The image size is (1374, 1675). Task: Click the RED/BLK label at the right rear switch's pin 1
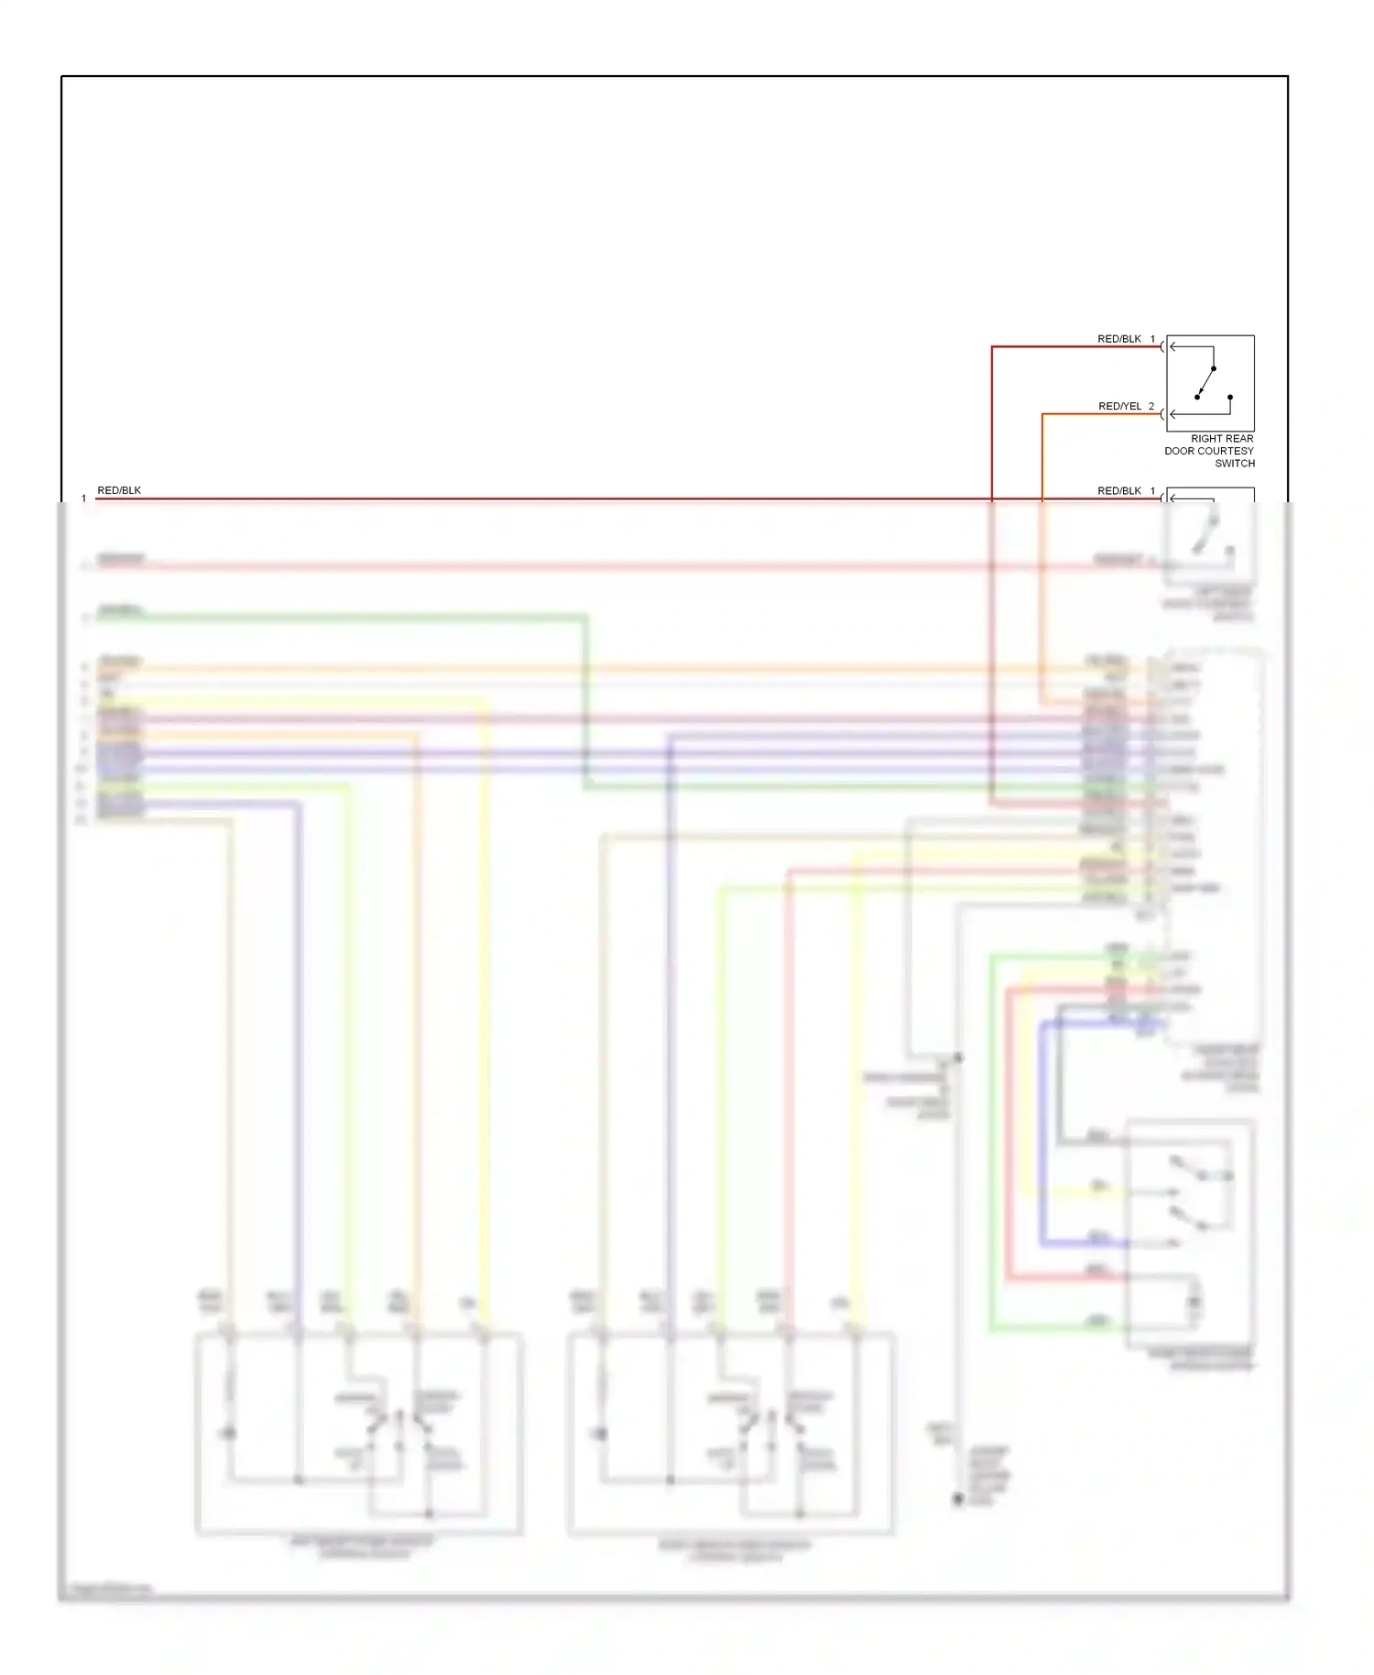coord(1118,339)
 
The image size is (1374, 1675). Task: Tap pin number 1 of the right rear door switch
coord(1152,339)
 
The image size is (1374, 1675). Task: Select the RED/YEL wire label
coord(1119,406)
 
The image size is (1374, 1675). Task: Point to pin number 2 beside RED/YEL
coord(1151,406)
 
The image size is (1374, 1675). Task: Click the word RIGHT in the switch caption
coord(1207,439)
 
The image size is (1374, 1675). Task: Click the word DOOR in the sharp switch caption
coord(1179,451)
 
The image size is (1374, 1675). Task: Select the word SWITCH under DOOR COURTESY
coord(1234,464)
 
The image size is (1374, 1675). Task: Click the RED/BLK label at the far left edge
coord(119,490)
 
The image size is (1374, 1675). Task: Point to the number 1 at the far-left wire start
coord(83,498)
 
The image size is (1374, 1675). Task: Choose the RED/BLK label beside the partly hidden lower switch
coord(1118,491)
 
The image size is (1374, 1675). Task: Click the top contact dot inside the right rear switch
coord(1214,368)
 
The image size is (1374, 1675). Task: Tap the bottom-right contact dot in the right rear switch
coord(1230,397)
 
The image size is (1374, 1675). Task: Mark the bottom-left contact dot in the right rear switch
coord(1197,397)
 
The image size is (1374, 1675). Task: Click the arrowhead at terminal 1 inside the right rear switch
coord(1172,346)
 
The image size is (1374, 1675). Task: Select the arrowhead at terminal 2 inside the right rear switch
coord(1172,414)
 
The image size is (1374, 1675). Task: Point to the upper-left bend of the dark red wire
coord(992,346)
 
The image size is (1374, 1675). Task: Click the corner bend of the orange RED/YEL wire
coord(1042,414)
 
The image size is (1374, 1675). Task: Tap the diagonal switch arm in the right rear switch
coord(1206,381)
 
